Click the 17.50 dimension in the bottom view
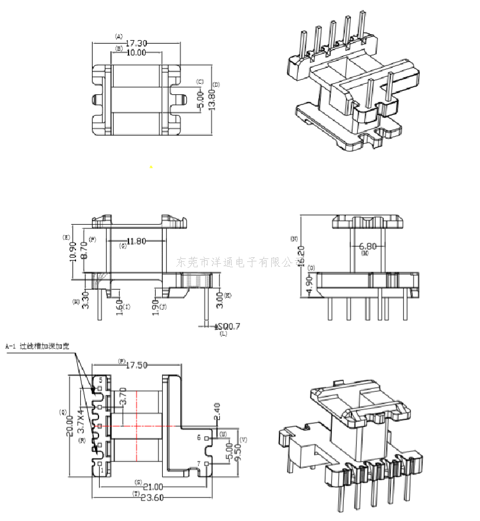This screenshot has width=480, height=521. pyautogui.click(x=137, y=365)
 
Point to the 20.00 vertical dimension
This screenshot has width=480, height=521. pyautogui.click(x=70, y=425)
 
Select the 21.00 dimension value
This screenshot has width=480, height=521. pyautogui.click(x=152, y=486)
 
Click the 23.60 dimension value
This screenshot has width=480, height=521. pyautogui.click(x=152, y=497)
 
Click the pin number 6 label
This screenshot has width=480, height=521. pyautogui.click(x=199, y=438)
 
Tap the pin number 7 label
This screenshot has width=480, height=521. pyautogui.click(x=199, y=464)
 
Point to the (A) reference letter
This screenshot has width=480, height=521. pyautogui.click(x=119, y=36)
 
